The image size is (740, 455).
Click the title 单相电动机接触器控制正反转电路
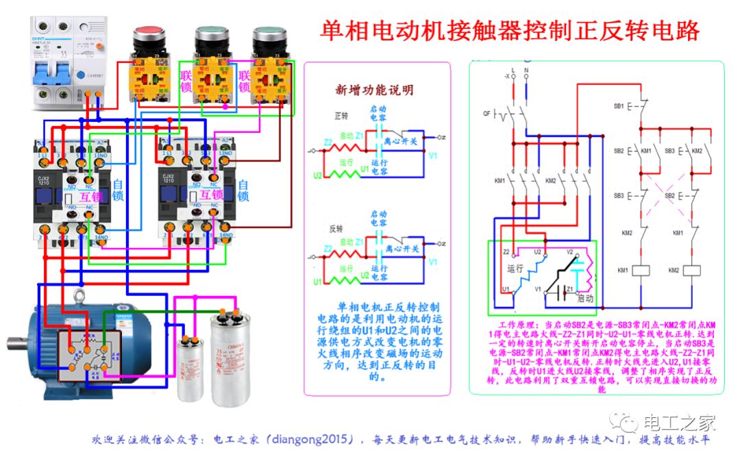tap(510, 31)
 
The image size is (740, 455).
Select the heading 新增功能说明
tap(374, 90)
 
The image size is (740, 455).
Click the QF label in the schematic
tap(488, 113)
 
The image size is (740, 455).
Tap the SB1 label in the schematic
tap(619, 107)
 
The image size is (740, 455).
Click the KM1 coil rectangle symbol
tap(641, 270)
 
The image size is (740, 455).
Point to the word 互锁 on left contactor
tap(90, 195)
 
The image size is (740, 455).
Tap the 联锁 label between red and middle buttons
tap(186, 80)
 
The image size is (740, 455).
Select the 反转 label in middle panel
tap(336, 227)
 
